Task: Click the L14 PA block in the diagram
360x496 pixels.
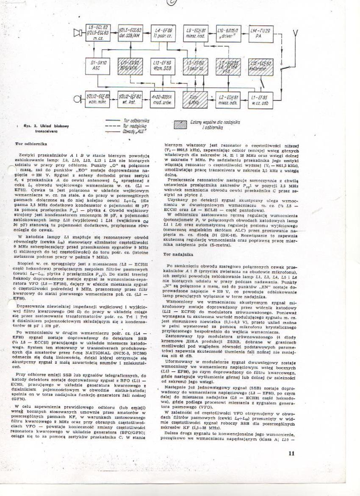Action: (x=262, y=33)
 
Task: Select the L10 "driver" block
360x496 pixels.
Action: (x=229, y=33)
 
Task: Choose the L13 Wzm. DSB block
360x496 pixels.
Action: (x=163, y=66)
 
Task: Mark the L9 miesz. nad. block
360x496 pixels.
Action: (x=195, y=33)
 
